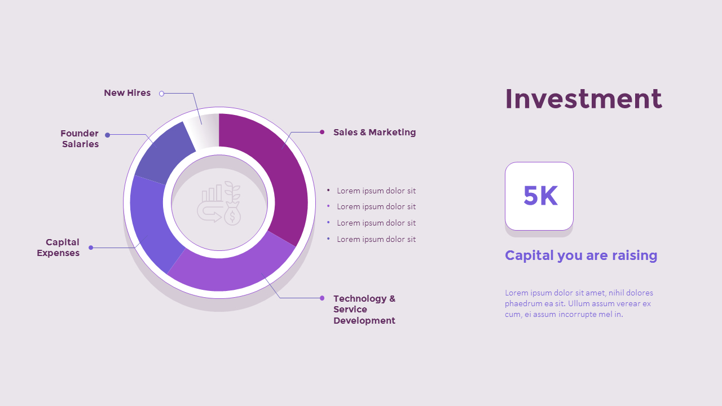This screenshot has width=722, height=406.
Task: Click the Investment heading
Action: click(583, 99)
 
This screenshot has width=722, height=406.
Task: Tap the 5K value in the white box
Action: click(540, 196)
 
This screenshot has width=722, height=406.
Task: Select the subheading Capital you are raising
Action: click(581, 255)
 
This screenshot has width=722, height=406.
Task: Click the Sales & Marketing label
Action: click(374, 133)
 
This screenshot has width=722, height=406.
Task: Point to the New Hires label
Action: click(127, 93)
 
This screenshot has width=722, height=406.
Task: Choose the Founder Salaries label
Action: click(80, 139)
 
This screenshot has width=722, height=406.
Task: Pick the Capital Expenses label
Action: click(58, 248)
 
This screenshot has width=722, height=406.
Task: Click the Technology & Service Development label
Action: click(364, 309)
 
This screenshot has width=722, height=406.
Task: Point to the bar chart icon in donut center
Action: click(212, 193)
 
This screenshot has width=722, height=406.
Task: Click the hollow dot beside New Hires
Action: click(161, 94)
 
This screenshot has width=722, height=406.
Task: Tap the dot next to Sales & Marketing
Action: click(322, 132)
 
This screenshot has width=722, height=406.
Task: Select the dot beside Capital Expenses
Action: click(91, 248)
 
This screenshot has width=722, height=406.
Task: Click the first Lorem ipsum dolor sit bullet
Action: click(376, 191)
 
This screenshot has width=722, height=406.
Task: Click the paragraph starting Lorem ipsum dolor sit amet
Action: click(579, 303)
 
